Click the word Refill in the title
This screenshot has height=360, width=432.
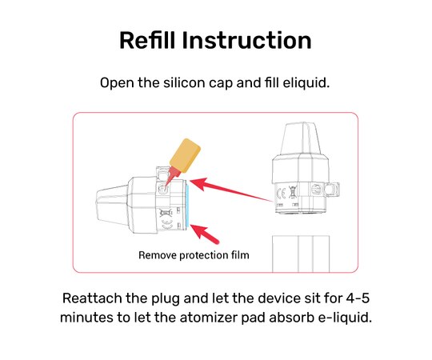147,40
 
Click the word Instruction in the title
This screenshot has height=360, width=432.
246,40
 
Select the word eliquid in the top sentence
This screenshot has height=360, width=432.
306,82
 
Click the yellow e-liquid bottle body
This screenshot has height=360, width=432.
185,155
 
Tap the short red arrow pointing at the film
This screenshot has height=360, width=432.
205,234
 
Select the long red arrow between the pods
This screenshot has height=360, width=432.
231,190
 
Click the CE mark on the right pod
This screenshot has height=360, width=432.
281,194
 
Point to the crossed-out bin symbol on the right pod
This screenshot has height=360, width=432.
293,192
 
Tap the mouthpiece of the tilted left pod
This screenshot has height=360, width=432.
112,204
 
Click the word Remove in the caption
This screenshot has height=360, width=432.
158,255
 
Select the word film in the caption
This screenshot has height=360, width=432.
241,254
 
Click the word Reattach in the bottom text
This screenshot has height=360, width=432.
92,298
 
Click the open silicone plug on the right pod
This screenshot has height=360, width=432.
332,190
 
